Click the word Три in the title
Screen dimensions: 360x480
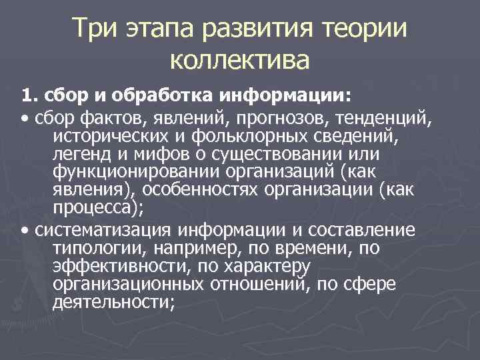[96, 29]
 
